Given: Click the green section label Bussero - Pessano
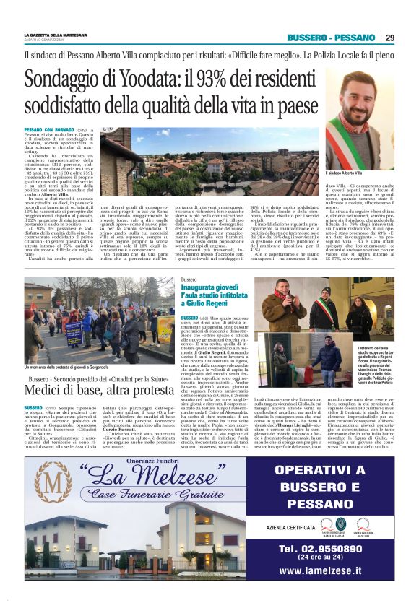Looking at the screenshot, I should coord(331,38).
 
